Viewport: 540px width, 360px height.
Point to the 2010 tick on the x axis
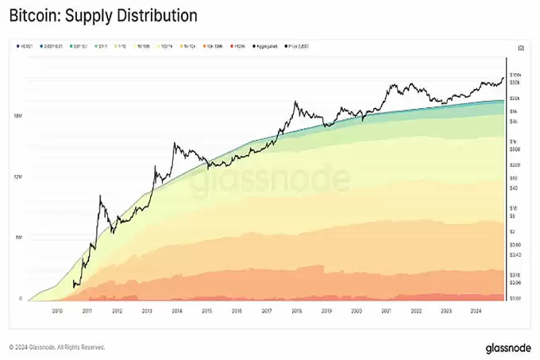coord(57,312)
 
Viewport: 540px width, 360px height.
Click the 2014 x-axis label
coord(176,312)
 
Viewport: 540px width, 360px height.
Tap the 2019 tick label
coord(326,312)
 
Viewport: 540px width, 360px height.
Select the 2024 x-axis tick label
coord(476,312)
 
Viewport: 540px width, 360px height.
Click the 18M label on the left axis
coord(17,116)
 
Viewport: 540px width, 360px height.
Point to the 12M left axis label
coord(17,176)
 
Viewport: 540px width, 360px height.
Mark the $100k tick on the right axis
coord(515,74)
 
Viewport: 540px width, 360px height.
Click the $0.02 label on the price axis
coord(515,298)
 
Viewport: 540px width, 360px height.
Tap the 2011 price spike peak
coord(100,195)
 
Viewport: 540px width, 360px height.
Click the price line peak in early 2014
coord(175,144)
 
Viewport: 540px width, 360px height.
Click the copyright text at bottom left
coord(56,347)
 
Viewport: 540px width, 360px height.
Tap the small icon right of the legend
coord(519,48)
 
